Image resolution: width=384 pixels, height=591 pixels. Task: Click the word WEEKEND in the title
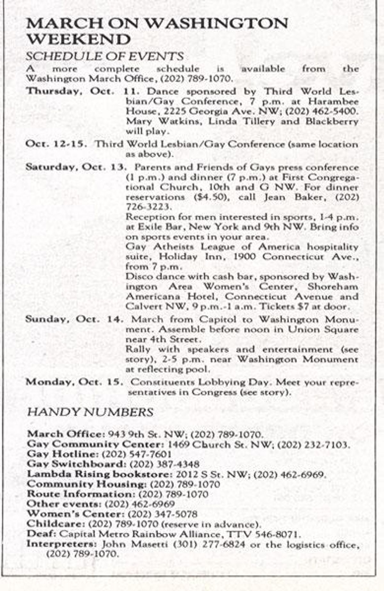(x=78, y=39)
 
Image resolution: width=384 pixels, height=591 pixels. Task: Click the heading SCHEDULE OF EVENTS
(x=105, y=56)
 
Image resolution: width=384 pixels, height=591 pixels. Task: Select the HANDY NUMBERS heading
(x=90, y=412)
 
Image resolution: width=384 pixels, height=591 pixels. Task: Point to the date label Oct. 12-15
(x=56, y=144)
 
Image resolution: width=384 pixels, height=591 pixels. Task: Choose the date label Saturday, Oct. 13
(x=76, y=167)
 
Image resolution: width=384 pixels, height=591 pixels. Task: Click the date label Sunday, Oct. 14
(x=74, y=320)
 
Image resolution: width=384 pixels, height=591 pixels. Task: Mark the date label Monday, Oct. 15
(x=74, y=382)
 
